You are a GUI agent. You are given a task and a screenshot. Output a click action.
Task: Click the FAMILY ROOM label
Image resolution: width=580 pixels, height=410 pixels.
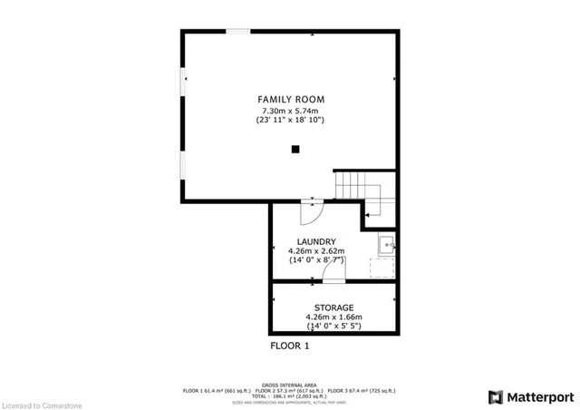[x=290, y=99]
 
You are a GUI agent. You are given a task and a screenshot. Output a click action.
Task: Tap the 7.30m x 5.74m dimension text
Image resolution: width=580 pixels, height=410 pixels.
[x=290, y=110]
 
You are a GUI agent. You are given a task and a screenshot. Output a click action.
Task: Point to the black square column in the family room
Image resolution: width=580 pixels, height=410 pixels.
[x=295, y=151]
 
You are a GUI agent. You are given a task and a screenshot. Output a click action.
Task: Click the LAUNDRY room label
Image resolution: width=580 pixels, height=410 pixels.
[x=315, y=241]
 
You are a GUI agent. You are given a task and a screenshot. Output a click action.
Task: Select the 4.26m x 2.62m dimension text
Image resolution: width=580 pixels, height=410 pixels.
[x=315, y=251]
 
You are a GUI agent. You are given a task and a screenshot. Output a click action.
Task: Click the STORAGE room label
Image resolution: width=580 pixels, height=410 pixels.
[x=333, y=307]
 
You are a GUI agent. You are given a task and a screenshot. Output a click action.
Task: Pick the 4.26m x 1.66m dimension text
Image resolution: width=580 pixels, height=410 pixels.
[x=333, y=317]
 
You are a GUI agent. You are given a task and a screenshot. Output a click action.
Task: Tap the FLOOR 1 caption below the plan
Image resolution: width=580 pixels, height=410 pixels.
[x=290, y=347]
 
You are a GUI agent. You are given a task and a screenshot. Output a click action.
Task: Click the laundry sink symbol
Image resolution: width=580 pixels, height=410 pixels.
[x=386, y=243]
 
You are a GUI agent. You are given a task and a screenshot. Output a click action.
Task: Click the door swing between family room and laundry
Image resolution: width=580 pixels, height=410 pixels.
[x=311, y=214]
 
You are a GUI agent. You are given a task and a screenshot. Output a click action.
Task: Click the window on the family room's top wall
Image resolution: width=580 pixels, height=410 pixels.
[x=238, y=32]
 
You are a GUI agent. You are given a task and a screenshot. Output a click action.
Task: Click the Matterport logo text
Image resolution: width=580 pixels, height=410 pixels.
[x=540, y=396]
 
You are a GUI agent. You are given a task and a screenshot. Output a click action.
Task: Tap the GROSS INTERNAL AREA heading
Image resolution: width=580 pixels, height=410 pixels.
[x=290, y=385]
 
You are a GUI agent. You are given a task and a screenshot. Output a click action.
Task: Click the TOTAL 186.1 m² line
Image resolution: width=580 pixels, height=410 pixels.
[x=290, y=396]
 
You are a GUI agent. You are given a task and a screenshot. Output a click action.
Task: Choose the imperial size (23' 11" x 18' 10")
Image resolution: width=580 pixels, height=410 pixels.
[x=290, y=120]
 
